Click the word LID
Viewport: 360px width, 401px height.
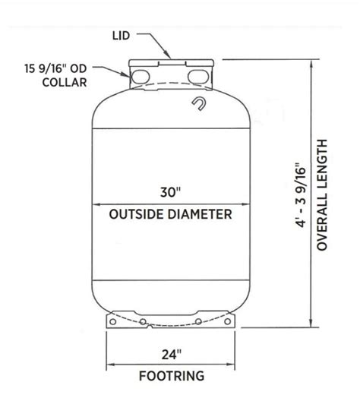(121, 36)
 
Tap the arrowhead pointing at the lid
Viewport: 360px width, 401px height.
(168, 55)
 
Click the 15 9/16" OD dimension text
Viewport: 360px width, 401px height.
(55, 68)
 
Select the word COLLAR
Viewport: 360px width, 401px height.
(65, 82)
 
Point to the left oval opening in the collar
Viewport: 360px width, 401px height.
(140, 77)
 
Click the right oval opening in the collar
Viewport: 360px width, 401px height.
(198, 77)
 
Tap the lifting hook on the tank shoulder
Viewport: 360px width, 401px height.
(199, 104)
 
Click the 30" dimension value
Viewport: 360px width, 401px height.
(170, 192)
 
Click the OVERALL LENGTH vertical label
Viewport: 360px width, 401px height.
(322, 194)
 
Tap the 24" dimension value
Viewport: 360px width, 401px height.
(172, 355)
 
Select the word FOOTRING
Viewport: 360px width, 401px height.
(172, 376)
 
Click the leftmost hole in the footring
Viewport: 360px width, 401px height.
(112, 322)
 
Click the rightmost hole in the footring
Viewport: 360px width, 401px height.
(228, 321)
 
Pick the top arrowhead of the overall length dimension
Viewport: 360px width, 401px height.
(311, 65)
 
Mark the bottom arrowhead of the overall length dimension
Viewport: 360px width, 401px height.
(311, 323)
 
